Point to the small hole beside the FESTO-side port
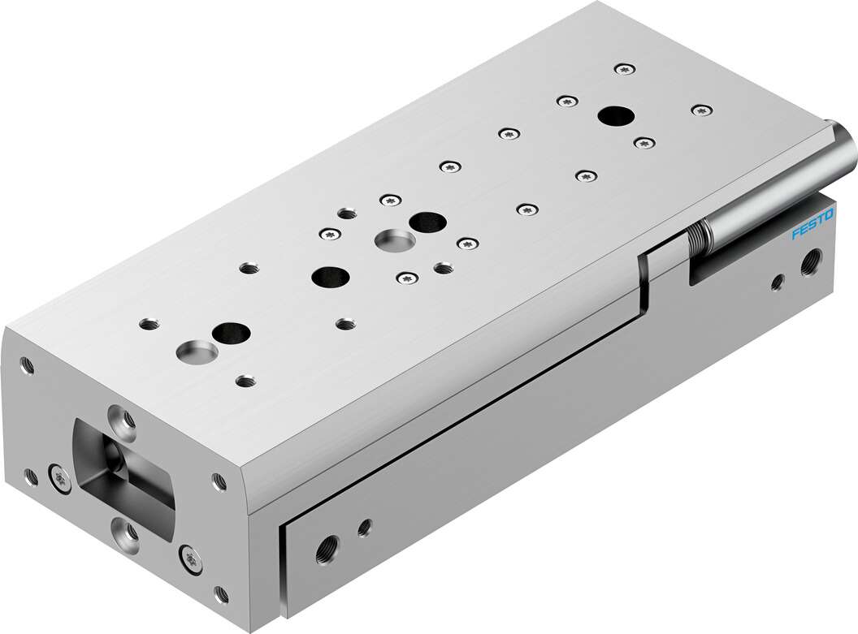[777, 282]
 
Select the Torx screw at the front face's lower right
[189, 558]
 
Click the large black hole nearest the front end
[230, 331]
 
